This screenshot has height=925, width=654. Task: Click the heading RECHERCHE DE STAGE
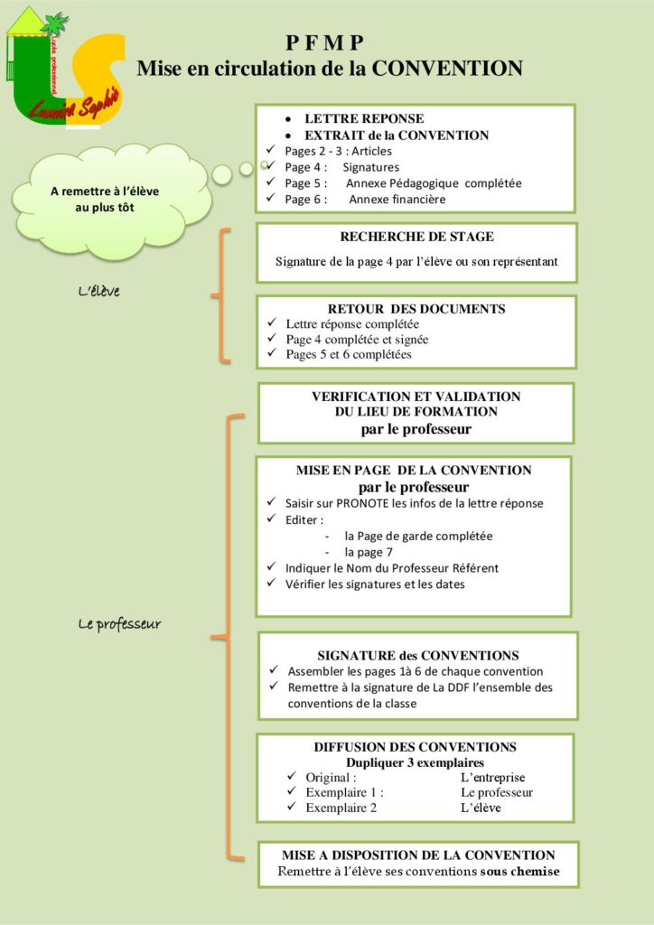(416, 238)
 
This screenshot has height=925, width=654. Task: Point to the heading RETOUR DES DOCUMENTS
(416, 309)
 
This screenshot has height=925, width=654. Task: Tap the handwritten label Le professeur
(117, 623)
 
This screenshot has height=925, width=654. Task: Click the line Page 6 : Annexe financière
(365, 200)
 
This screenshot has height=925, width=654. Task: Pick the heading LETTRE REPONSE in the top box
(364, 119)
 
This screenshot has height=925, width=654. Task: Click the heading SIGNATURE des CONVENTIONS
(418, 655)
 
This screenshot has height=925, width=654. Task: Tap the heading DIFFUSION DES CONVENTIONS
(415, 747)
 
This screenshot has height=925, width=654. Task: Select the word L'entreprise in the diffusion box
(492, 777)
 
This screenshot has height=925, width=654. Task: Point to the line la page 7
(369, 552)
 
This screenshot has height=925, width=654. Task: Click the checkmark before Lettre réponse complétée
(273, 323)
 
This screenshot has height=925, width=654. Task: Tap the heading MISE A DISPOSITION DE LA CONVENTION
(418, 855)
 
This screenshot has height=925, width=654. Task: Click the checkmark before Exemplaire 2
(292, 807)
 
